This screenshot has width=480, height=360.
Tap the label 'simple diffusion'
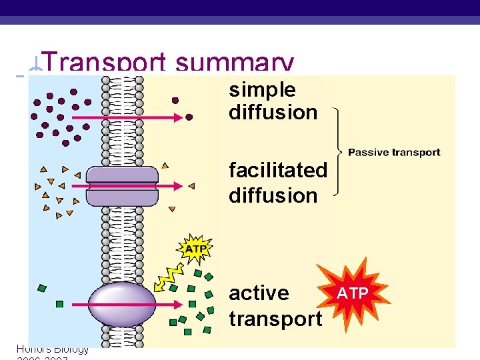273,101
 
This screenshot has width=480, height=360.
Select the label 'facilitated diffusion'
278,183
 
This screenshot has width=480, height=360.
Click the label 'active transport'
275,306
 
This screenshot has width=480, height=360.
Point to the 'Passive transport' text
394,152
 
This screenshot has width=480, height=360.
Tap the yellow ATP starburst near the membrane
195,249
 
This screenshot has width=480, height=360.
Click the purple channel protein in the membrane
122,186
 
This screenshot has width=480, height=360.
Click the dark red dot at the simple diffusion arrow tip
189,117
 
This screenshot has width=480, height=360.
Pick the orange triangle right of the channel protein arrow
191,186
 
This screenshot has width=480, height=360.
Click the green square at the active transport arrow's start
59,304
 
